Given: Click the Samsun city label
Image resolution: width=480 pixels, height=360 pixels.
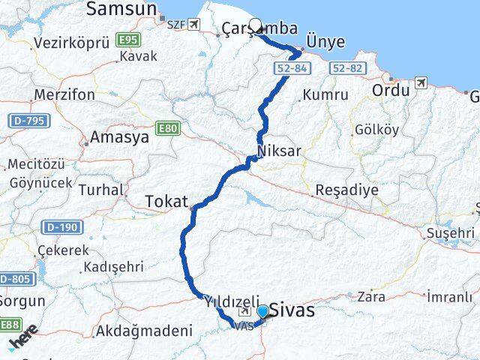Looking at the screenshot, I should [x=121, y=9].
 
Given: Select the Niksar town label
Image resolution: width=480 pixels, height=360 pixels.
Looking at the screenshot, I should [x=279, y=151].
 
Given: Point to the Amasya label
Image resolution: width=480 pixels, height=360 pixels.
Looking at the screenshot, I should [x=115, y=137].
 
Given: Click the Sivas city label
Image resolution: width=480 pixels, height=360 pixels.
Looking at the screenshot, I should [x=292, y=310].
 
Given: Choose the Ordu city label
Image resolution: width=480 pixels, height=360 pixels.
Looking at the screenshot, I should [x=391, y=91].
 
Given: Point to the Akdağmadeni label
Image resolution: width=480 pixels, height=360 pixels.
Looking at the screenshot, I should [x=144, y=330].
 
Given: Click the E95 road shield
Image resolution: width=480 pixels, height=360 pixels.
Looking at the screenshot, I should [x=129, y=39].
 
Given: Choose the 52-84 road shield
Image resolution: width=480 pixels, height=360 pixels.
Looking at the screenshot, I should [x=289, y=68].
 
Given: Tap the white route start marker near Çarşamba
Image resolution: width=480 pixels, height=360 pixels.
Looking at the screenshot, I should [x=255, y=25].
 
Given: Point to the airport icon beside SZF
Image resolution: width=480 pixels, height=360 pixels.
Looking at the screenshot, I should [x=196, y=24].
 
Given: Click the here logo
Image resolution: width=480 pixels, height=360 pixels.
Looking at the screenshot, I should [x=24, y=341].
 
